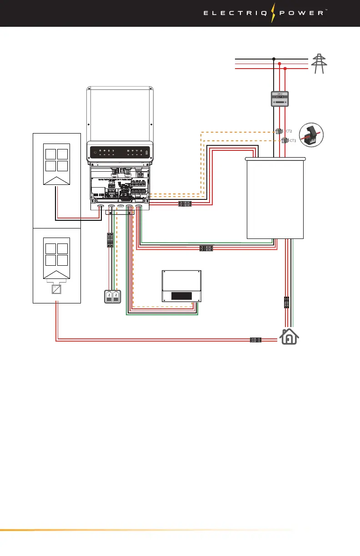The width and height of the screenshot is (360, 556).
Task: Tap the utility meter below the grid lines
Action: click(x=279, y=99)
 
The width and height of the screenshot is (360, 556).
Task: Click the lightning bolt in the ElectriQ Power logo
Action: click(x=274, y=13)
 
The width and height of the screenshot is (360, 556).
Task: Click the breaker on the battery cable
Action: click(x=110, y=239)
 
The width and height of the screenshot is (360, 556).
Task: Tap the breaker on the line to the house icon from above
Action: click(x=286, y=302)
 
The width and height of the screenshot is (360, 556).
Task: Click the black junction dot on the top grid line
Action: click(x=274, y=59)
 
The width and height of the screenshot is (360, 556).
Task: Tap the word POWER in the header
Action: click(x=302, y=13)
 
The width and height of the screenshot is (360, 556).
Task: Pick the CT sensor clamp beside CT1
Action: click(x=285, y=140)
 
